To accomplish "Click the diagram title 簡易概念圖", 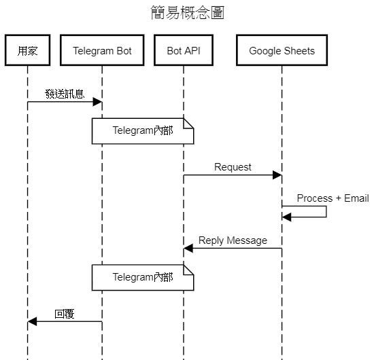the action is coord(188,12).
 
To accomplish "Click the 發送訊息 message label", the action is coord(65,94).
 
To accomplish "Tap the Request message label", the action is coord(233,167).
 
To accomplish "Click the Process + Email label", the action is coord(333,198).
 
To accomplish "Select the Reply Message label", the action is coord(233,240).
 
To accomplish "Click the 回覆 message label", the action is coord(65,314).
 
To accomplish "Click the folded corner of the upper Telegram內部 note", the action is coord(188,124).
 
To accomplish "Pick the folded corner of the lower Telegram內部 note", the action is coord(188,270).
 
